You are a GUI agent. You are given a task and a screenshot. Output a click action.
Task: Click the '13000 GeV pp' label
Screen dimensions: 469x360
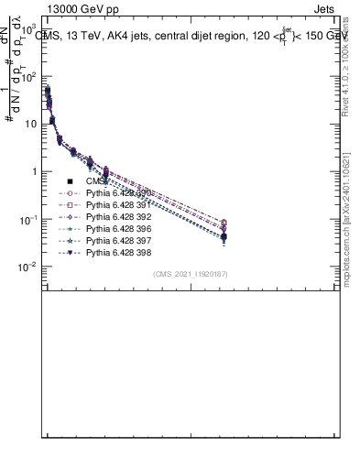click(x=82, y=8)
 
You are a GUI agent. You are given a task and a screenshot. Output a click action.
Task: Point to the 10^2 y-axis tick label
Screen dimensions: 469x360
click(x=28, y=76)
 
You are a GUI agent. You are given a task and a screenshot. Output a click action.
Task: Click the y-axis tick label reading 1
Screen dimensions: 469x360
click(x=34, y=172)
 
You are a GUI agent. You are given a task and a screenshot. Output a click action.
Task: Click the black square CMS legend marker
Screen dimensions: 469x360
click(x=70, y=181)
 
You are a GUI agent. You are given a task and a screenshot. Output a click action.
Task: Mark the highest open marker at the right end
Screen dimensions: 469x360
click(x=224, y=223)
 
